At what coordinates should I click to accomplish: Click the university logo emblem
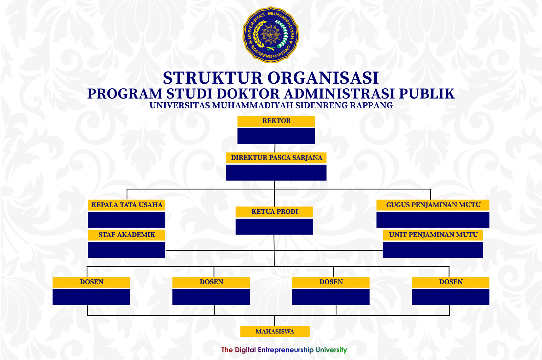click(x=271, y=35)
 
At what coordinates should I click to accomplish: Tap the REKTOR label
click(x=276, y=121)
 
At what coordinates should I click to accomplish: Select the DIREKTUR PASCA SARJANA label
click(x=276, y=158)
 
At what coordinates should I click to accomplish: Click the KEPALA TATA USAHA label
click(x=127, y=205)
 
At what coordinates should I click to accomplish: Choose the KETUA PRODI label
click(x=274, y=212)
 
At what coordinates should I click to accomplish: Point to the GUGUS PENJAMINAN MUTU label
click(x=433, y=205)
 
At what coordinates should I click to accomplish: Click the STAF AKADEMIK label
click(x=127, y=235)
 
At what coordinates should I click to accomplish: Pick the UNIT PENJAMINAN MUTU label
click(x=433, y=235)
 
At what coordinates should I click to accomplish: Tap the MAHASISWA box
click(x=275, y=331)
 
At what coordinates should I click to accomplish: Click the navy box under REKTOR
click(x=276, y=136)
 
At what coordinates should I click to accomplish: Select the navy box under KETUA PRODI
click(x=274, y=227)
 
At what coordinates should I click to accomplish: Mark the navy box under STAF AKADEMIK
click(x=127, y=250)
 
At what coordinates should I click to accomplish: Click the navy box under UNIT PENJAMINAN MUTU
click(x=433, y=250)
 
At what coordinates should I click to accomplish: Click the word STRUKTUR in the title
click(x=213, y=78)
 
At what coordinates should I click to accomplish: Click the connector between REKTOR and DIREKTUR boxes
click(x=275, y=148)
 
